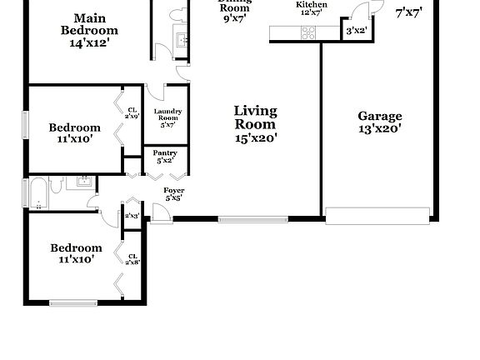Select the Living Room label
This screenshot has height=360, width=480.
click(255, 117)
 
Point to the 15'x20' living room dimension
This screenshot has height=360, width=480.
click(255, 138)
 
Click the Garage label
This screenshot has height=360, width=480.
click(379, 117)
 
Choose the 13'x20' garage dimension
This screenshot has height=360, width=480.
click(379, 129)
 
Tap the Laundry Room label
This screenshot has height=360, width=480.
click(167, 117)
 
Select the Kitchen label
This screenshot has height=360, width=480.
click(311, 5)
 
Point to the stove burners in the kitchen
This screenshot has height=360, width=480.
click(307, 33)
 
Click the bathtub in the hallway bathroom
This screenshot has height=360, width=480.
click(38, 194)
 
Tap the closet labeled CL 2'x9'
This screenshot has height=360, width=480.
click(132, 112)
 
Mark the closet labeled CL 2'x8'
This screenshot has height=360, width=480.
click(132, 259)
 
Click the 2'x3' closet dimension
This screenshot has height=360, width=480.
click(132, 216)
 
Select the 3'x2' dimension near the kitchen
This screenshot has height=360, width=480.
click(356, 31)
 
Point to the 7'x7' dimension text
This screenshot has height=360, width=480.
click(408, 12)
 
